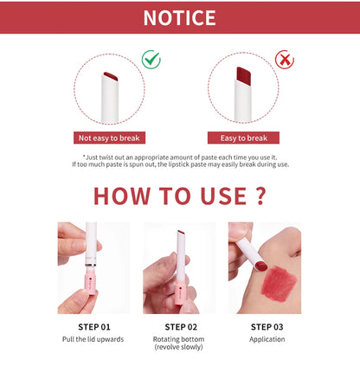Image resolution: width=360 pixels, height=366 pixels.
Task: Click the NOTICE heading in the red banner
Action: pos(179,17)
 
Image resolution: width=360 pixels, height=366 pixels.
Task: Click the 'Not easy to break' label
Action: pos(109,138)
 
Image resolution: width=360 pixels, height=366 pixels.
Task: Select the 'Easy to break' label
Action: pos(245,138)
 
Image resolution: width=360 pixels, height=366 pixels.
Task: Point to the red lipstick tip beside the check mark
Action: pos(110,78)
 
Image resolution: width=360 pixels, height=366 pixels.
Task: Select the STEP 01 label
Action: pos(93,326)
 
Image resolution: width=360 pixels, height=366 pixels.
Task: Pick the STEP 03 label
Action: pos(265,326)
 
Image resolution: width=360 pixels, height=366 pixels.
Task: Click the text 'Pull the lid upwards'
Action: pos(93,339)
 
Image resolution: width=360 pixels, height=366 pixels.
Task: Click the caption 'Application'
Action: pos(265,339)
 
